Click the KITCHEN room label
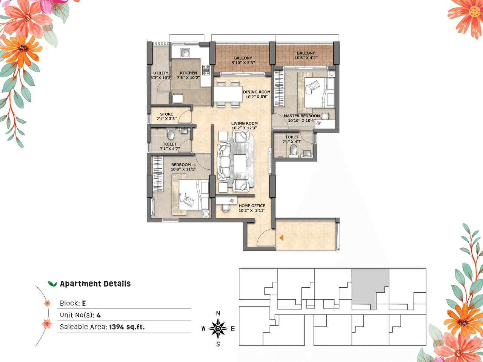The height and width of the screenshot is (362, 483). (x=188, y=73)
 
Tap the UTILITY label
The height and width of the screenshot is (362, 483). (x=161, y=73)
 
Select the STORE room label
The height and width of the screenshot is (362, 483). (x=166, y=114)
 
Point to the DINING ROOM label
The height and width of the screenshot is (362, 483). (x=257, y=92)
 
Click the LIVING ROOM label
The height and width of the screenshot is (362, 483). (x=245, y=123)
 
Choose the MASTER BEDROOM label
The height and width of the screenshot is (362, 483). (x=301, y=116)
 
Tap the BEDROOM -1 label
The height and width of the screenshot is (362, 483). (x=183, y=165)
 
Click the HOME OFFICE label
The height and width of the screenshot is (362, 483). (x=252, y=206)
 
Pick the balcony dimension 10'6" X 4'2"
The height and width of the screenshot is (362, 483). (x=306, y=58)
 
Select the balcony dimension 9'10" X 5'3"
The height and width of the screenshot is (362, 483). (x=243, y=63)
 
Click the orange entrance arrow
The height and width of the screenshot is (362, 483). (x=281, y=238)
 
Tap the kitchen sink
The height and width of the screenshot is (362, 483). (x=185, y=53)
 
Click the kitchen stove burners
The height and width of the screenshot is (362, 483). (x=206, y=70)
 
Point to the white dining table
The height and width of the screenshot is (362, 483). (x=228, y=94)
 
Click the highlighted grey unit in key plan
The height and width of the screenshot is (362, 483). (x=370, y=287)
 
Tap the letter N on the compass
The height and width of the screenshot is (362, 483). (x=218, y=313)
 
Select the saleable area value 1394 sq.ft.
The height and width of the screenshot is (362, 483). (x=127, y=327)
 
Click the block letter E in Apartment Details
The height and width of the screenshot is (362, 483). (x=84, y=303)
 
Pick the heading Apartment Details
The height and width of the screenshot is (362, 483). (x=95, y=284)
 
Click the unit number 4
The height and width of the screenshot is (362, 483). (x=98, y=315)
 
